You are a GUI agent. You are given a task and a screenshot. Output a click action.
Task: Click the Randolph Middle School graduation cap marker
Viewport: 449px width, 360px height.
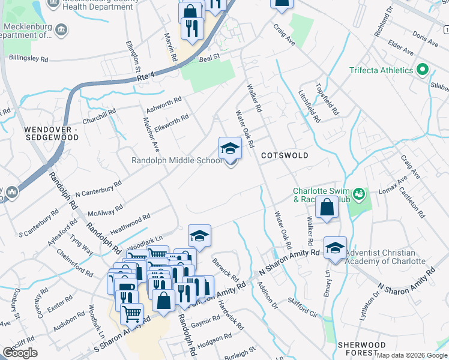pos(230,149)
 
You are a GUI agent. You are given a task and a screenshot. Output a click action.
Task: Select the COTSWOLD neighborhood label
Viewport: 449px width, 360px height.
pos(285,155)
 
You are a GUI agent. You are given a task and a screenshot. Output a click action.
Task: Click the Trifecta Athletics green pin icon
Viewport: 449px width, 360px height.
pos(422,70)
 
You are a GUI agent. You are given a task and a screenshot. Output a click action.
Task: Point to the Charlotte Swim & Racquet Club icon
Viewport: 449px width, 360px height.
pos(359,193)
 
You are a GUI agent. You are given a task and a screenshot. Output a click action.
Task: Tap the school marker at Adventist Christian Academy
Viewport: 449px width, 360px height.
pos(335,248)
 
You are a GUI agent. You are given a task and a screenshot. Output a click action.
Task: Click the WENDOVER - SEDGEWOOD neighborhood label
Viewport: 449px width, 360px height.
pos(51,133)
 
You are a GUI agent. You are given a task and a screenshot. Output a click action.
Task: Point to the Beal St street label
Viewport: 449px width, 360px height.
pos(209,58)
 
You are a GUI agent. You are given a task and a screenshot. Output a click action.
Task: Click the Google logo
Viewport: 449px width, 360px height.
pos(20,353)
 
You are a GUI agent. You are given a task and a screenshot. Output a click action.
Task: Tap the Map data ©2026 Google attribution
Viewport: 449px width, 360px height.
pos(412,355)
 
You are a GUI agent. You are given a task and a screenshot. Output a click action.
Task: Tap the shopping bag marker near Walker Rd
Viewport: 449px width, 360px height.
pos(327,208)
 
